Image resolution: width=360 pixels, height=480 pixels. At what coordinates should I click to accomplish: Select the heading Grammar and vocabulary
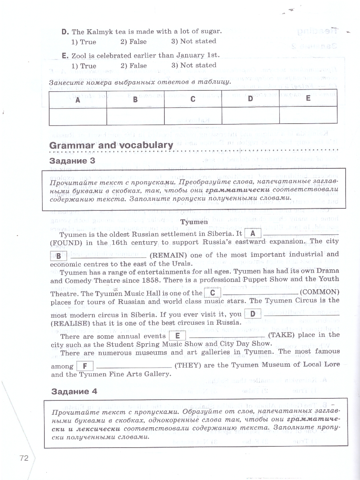pyautogui.click(x=111, y=145)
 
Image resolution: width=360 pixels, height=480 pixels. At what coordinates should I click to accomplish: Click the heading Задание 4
pyautogui.click(x=74, y=391)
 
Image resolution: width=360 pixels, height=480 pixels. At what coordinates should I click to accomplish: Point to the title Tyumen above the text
pyautogui.click(x=194, y=222)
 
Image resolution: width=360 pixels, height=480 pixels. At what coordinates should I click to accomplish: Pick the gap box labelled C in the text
pyautogui.click(x=212, y=292)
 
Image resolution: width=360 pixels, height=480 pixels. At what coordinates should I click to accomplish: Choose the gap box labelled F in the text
pyautogui.click(x=84, y=366)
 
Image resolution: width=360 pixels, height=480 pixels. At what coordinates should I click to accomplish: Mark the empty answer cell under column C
pyautogui.click(x=193, y=116)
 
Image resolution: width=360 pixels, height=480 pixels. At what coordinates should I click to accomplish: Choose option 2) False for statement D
pyautogui.click(x=133, y=42)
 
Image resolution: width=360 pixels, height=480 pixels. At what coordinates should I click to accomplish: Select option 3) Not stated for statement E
pyautogui.click(x=194, y=65)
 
